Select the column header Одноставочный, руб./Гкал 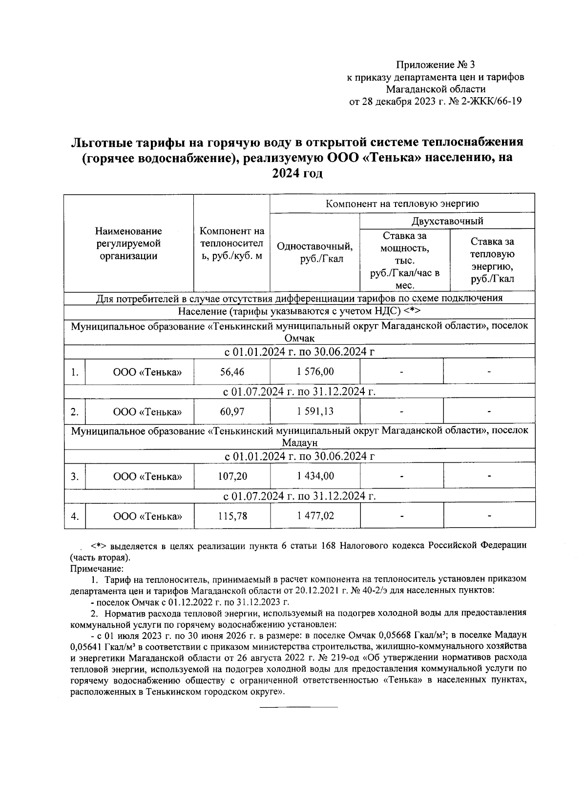pyautogui.click(x=314, y=252)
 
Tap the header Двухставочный pyautogui.click(x=447, y=221)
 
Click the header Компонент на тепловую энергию pyautogui.click(x=402, y=204)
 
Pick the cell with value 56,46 pyautogui.click(x=232, y=372)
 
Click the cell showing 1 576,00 pyautogui.click(x=315, y=372)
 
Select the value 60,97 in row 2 pyautogui.click(x=232, y=411)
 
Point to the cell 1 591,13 pyautogui.click(x=315, y=411)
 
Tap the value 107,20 pyautogui.click(x=232, y=476)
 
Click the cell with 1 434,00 pyautogui.click(x=315, y=476)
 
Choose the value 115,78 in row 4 pyautogui.click(x=232, y=515)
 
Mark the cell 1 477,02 pyautogui.click(x=315, y=515)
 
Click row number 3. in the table pyautogui.click(x=74, y=476)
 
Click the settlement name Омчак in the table pyautogui.click(x=299, y=338)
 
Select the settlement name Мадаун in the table pyautogui.click(x=299, y=443)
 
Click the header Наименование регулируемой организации pyautogui.click(x=128, y=243)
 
